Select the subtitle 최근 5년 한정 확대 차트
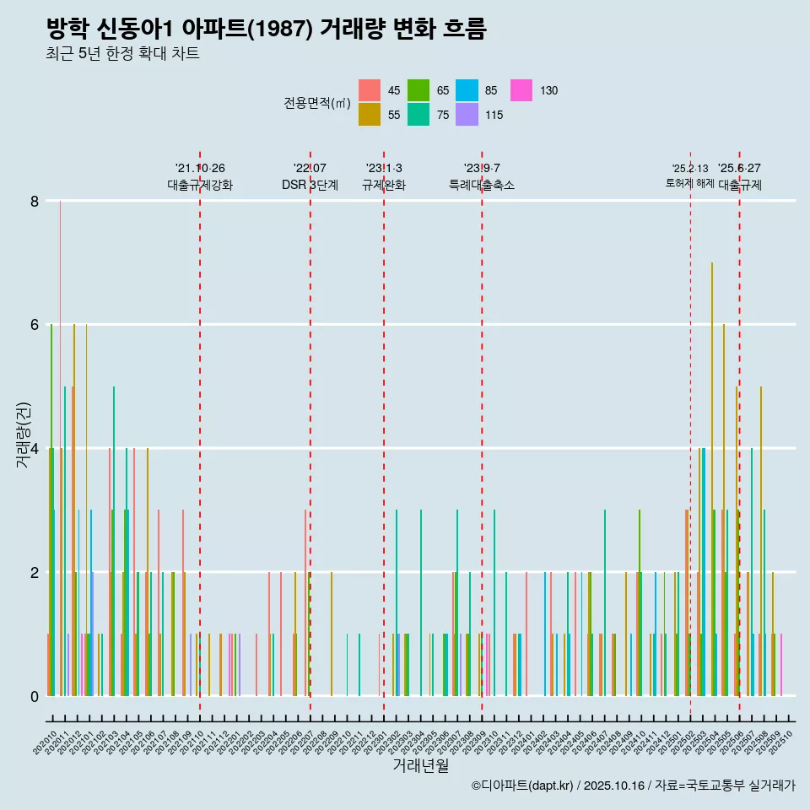pyautogui.click(x=122, y=55)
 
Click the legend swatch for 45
pyautogui.click(x=370, y=90)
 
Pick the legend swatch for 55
pyautogui.click(x=370, y=115)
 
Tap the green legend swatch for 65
pyautogui.click(x=418, y=90)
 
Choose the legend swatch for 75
pyautogui.click(x=418, y=115)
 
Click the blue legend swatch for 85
pyautogui.click(x=467, y=90)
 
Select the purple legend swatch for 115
pyautogui.click(x=467, y=115)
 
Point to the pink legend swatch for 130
pyautogui.click(x=521, y=90)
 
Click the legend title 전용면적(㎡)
pyautogui.click(x=317, y=103)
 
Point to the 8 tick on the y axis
pyautogui.click(x=35, y=201)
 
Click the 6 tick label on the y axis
pyautogui.click(x=35, y=325)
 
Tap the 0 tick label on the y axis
pyautogui.click(x=35, y=696)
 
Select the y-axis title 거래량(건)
pyautogui.click(x=24, y=448)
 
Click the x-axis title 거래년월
pyautogui.click(x=420, y=765)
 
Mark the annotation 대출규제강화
pyautogui.click(x=200, y=185)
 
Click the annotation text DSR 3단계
pyautogui.click(x=310, y=185)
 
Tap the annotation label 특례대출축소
pyautogui.click(x=482, y=185)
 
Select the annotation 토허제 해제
pyautogui.click(x=689, y=183)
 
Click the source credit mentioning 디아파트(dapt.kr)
pyautogui.click(x=633, y=786)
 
